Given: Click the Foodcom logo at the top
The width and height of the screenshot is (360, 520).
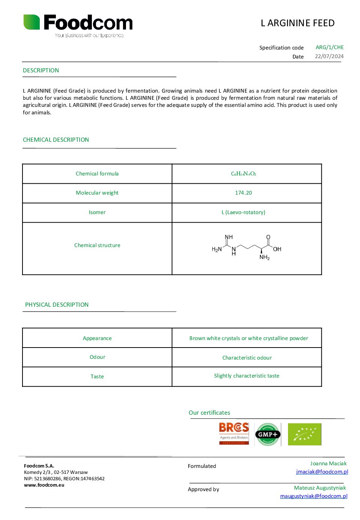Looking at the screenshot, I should (x=78, y=24).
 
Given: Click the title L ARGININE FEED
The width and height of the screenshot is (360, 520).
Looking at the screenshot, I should (x=297, y=23).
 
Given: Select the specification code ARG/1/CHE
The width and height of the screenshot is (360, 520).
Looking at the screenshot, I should (x=330, y=47).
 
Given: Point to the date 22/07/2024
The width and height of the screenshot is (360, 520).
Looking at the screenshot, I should (x=329, y=56).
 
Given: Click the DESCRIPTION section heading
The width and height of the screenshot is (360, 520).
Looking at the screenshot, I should (x=41, y=70).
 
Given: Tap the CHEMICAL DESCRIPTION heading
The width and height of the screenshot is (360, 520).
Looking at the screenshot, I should (x=56, y=140).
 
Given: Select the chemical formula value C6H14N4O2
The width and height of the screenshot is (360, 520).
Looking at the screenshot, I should (x=243, y=174).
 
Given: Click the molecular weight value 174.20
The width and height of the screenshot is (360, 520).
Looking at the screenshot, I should (x=243, y=193).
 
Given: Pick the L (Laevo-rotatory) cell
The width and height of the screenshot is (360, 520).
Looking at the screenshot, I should (x=243, y=212).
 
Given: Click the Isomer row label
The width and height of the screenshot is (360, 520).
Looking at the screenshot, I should (x=97, y=212).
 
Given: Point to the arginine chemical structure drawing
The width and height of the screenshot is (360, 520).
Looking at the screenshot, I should (x=246, y=247).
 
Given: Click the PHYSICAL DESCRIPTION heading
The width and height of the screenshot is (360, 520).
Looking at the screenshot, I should (x=57, y=305).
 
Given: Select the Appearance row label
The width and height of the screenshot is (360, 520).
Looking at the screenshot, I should (x=97, y=338).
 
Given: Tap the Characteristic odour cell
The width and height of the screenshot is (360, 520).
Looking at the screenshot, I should (x=247, y=358).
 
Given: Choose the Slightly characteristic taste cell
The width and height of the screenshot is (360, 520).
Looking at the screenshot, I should (x=246, y=376).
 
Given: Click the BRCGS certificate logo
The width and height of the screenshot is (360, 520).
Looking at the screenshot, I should (x=234, y=434).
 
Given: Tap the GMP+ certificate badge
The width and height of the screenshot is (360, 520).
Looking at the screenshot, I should (x=267, y=434).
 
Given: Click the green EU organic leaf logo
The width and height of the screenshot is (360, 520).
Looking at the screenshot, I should (x=304, y=434).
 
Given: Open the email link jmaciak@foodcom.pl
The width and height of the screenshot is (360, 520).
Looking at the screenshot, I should (x=322, y=472).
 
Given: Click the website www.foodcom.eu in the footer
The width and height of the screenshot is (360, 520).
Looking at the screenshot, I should (x=44, y=485).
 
